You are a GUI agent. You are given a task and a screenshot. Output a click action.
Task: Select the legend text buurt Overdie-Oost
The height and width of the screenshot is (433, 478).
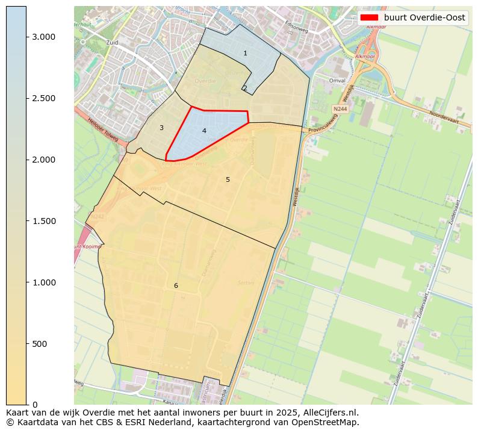(x=424, y=18)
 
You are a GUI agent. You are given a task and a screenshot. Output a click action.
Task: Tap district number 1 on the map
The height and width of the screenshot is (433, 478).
(x=245, y=54)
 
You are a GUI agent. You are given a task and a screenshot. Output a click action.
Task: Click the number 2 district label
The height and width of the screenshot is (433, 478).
(x=245, y=89)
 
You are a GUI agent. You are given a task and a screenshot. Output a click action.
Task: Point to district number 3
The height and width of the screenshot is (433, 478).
(x=161, y=128)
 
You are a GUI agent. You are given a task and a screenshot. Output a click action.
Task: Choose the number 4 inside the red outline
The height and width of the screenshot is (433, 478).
(x=204, y=131)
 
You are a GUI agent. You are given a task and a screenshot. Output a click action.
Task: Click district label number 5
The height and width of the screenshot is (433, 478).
(x=228, y=179)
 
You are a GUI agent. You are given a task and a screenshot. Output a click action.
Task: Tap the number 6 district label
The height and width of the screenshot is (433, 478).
(x=176, y=285)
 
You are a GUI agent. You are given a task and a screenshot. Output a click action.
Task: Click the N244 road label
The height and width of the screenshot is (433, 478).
(x=340, y=109)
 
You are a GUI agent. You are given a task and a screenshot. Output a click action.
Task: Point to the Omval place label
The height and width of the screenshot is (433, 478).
(x=337, y=80)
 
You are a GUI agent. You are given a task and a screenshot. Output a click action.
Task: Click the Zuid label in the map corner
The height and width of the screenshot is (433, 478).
(x=112, y=43)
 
